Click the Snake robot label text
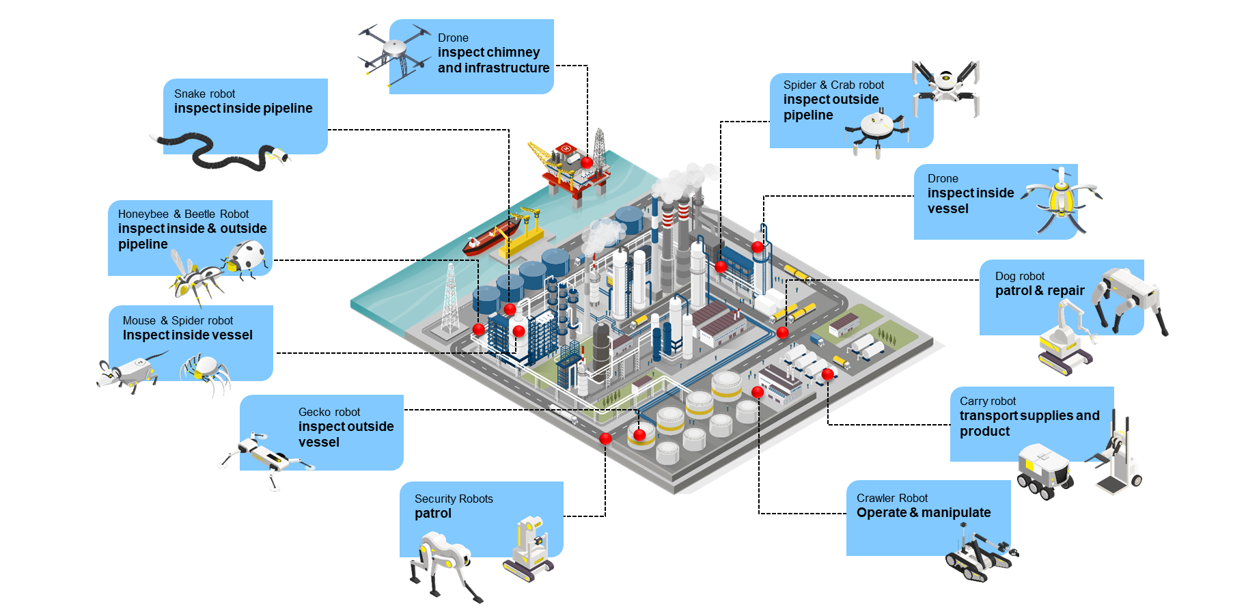coord(204,94)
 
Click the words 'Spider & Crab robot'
coord(833,85)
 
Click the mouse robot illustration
coord(130,372)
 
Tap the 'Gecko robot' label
coord(329,412)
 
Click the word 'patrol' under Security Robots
coord(433,514)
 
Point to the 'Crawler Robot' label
coord(892,498)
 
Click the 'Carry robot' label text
coord(987,401)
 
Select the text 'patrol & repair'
coord(1040,291)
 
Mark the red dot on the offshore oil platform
coord(587,163)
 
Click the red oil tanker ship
coord(490,238)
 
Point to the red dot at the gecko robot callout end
coord(639,434)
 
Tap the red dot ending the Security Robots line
coord(605,438)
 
